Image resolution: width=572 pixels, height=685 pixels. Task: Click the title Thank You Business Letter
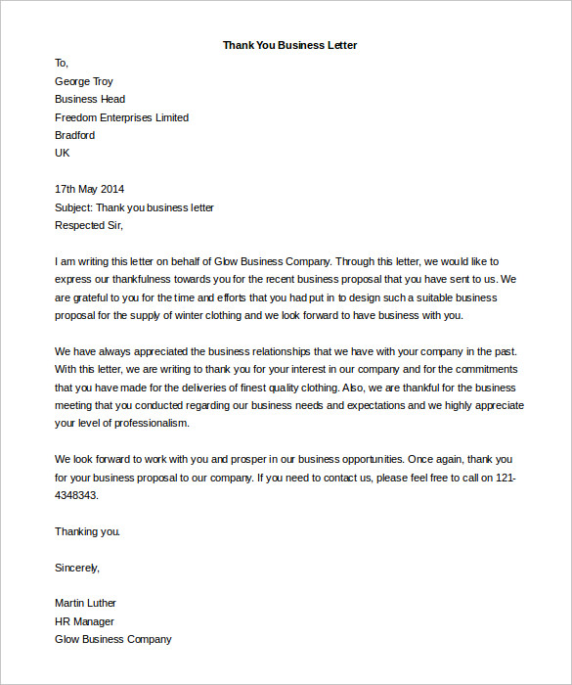tap(289, 45)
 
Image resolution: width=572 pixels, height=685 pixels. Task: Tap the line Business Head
tap(90, 99)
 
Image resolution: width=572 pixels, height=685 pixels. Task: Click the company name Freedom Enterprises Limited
tap(122, 117)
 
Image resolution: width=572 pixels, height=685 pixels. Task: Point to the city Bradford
tap(75, 135)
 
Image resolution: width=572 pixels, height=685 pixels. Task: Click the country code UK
tap(63, 153)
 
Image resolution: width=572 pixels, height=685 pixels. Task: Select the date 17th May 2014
tap(90, 189)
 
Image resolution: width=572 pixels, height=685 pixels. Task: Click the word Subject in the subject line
tap(73, 207)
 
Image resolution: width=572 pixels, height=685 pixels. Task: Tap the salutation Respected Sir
tap(89, 225)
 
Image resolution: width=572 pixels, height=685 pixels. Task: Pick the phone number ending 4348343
tap(77, 495)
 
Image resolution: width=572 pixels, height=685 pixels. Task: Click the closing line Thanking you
tap(88, 531)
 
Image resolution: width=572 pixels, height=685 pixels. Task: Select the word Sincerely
tap(77, 567)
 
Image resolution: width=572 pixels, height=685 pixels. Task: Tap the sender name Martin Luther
tap(85, 603)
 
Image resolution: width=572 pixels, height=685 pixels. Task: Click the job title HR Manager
tap(84, 621)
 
